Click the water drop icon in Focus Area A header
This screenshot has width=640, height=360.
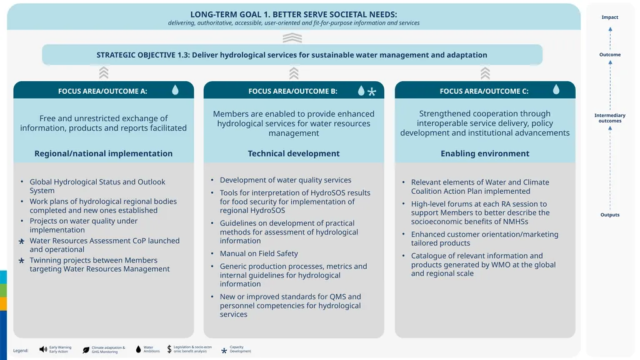click(175, 90)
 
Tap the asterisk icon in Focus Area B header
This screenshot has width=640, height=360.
click(371, 91)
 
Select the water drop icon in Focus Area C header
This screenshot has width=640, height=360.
click(556, 90)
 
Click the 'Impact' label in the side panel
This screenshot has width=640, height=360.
click(610, 17)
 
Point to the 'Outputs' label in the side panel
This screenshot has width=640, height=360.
click(610, 215)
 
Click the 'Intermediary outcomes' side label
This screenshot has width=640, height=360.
click(610, 118)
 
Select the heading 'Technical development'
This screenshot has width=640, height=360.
click(294, 154)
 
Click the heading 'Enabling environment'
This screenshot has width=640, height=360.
click(485, 154)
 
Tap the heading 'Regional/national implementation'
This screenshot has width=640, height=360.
click(103, 154)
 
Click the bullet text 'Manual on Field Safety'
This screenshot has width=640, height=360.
click(259, 254)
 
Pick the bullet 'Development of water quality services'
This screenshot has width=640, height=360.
click(285, 180)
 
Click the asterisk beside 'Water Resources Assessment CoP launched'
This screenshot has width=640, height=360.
click(22, 242)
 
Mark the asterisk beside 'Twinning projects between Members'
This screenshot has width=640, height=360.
click(22, 261)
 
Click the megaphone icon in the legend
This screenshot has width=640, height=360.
click(43, 349)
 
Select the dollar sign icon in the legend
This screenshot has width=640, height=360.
click(169, 349)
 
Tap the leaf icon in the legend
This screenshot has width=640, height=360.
click(86, 350)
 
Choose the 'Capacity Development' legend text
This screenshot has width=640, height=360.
click(240, 349)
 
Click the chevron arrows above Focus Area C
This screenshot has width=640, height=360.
click(485, 73)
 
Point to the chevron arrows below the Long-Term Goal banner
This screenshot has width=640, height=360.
click(292, 38)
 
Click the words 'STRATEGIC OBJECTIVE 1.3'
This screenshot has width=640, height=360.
click(142, 55)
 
